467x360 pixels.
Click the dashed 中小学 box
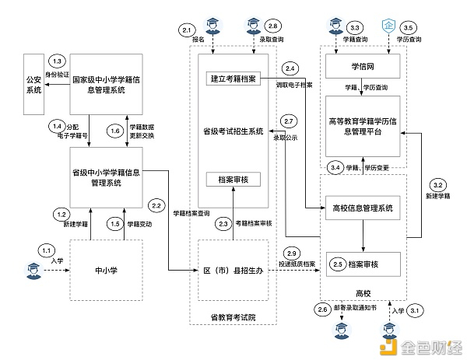point(107,271)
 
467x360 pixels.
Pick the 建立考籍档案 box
point(233,79)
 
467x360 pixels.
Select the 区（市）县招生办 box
point(233,271)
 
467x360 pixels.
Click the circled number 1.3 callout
point(56,61)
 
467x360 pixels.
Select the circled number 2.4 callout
point(290,67)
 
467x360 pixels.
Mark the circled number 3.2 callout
point(437,185)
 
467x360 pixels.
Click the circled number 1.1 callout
point(47,250)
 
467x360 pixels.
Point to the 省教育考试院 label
point(233,317)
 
